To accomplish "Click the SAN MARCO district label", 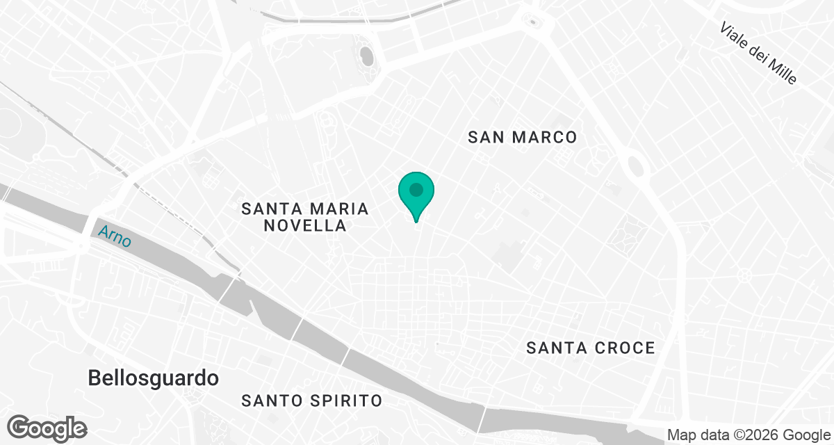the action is pyautogui.click(x=523, y=137).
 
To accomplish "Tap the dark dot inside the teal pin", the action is pyautogui.click(x=416, y=189).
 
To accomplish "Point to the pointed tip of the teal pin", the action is pyautogui.click(x=416, y=221).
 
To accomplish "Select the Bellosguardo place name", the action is pyautogui.click(x=153, y=378).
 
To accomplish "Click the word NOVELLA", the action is pyautogui.click(x=305, y=225).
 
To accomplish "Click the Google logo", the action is pyautogui.click(x=47, y=426).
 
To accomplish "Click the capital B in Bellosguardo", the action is pyautogui.click(x=95, y=378).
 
